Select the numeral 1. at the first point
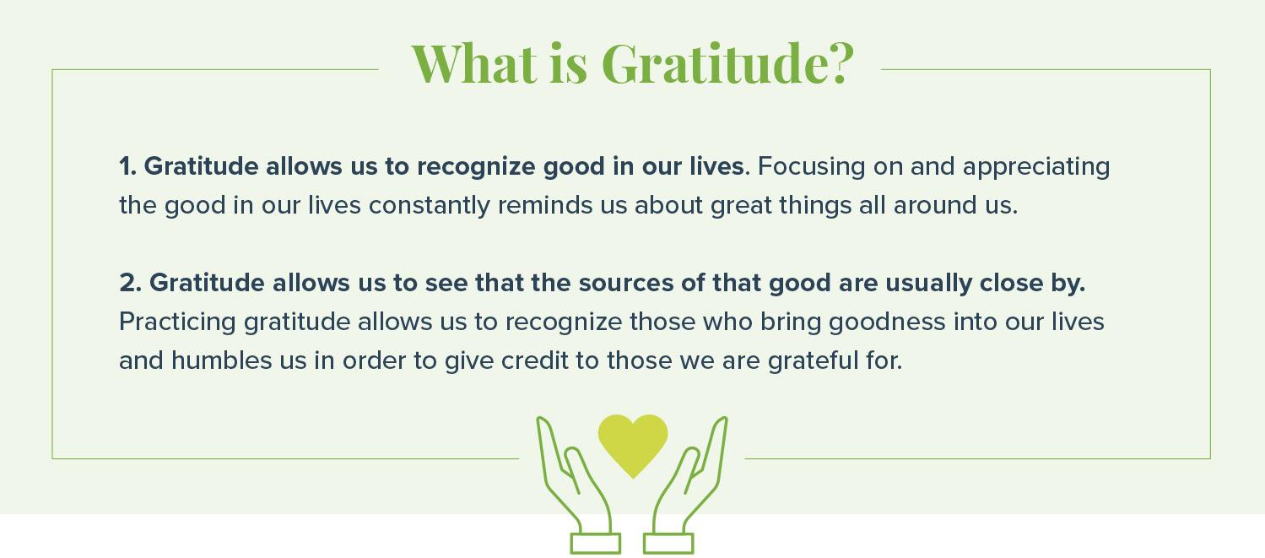coord(127,166)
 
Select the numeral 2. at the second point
coord(130,283)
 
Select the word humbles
coord(221,361)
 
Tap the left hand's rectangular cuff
coord(595,544)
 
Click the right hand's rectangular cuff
coord(668,544)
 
